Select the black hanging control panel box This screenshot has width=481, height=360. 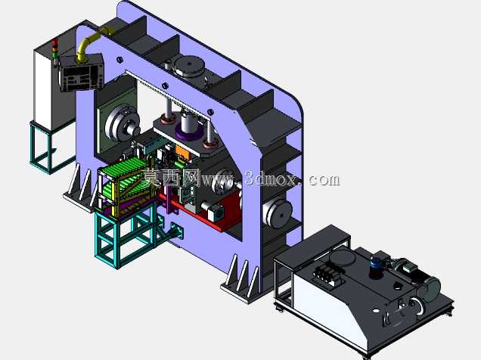[x=81, y=73]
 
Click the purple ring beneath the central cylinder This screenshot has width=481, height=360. [x=190, y=134]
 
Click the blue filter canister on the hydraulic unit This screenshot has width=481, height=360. [x=376, y=266]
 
